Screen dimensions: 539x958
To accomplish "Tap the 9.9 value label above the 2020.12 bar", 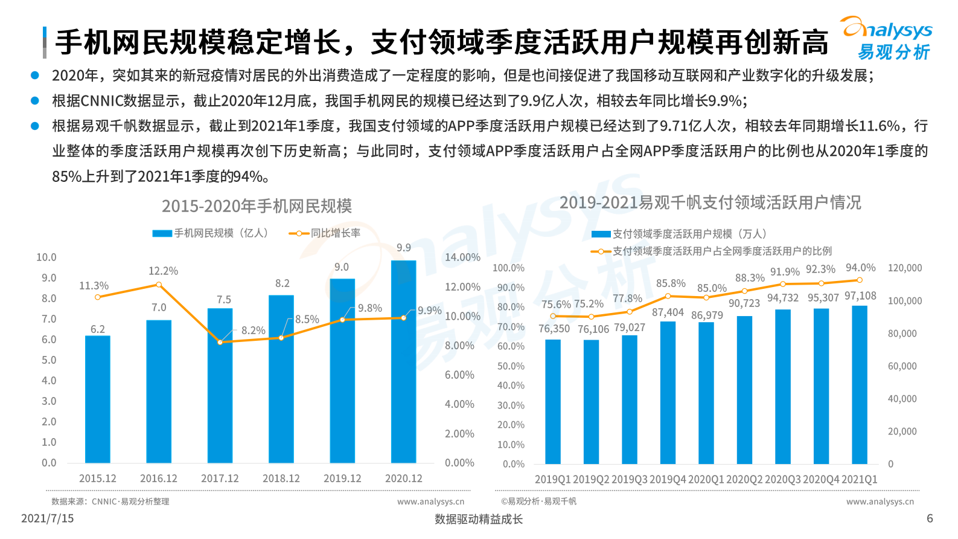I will pos(404,248).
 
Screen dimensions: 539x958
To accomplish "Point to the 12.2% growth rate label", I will pos(163,271).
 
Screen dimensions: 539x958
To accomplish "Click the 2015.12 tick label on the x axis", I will pos(98,479).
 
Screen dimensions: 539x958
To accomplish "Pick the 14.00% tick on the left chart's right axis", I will pos(462,257).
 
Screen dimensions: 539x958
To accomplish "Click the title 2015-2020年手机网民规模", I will pos(257,206).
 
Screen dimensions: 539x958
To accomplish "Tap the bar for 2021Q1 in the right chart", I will pos(860,387).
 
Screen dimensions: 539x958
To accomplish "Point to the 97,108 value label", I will pos(860,296).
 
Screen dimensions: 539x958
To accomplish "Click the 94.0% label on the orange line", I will pos(860,268).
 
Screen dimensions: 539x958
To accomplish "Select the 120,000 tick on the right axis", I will pos(904,268).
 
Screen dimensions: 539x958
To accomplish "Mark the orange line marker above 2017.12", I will pos(220,343).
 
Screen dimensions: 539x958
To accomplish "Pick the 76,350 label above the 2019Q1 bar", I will pos(554,329).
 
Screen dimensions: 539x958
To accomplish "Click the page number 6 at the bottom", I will pos(930,518).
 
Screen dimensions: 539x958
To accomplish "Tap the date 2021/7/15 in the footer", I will pos(47,518).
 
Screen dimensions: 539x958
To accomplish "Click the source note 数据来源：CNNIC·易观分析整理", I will pos(110,502).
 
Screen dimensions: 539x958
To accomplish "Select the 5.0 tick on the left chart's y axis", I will pos(49,360).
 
